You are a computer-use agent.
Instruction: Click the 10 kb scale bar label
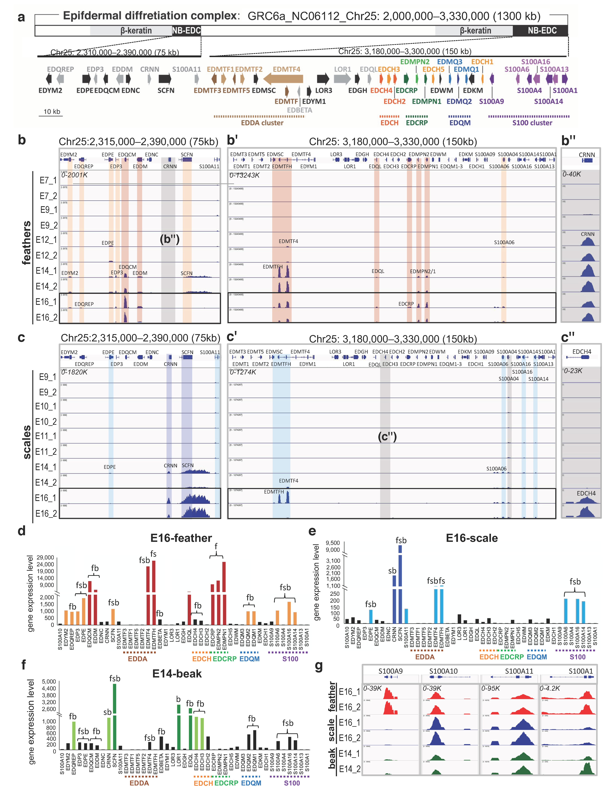(52, 111)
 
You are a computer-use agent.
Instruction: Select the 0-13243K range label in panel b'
(244, 175)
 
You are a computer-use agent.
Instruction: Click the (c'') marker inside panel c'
(387, 437)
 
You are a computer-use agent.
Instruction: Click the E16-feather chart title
(181, 538)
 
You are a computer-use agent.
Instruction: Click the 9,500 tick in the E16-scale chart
(333, 543)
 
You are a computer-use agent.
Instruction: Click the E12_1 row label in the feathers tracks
(46, 240)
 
